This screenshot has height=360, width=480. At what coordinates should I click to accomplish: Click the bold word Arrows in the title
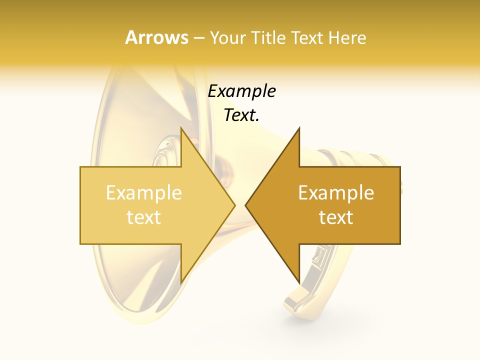156,37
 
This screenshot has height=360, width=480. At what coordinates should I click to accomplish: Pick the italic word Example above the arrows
241,91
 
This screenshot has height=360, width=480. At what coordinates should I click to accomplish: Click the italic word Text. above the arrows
241,115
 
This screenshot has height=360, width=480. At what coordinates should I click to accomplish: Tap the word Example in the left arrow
144,193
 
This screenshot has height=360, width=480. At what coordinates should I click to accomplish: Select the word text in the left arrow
144,217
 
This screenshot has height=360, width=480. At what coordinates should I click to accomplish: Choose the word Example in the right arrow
336,193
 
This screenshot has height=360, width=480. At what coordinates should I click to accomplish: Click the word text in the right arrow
336,217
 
